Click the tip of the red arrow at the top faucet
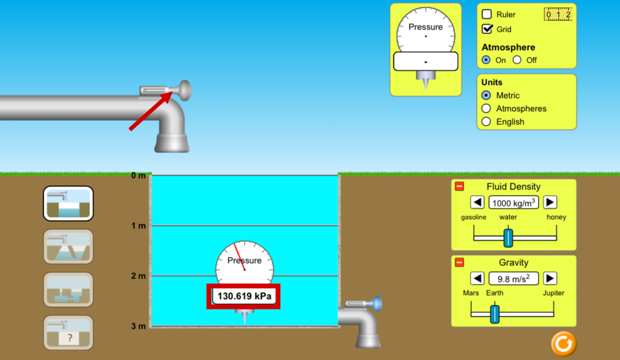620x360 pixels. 173,92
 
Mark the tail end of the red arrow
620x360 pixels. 130,129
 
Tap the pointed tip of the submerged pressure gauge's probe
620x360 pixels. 245,324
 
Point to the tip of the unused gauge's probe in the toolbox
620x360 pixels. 426,91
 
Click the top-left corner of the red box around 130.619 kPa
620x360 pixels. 207,284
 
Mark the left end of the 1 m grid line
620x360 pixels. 152,225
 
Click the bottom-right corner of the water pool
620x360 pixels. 338,326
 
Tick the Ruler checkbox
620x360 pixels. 487,15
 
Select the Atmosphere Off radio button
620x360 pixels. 517,60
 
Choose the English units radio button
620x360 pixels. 486,122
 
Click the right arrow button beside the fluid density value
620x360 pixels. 550,202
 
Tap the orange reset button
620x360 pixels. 564,344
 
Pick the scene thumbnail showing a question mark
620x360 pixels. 68,332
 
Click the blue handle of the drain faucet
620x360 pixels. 377,304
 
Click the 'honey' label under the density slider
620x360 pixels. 556,217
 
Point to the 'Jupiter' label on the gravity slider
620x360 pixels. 553,293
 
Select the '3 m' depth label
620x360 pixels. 139,326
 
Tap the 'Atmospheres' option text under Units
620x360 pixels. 521,109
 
